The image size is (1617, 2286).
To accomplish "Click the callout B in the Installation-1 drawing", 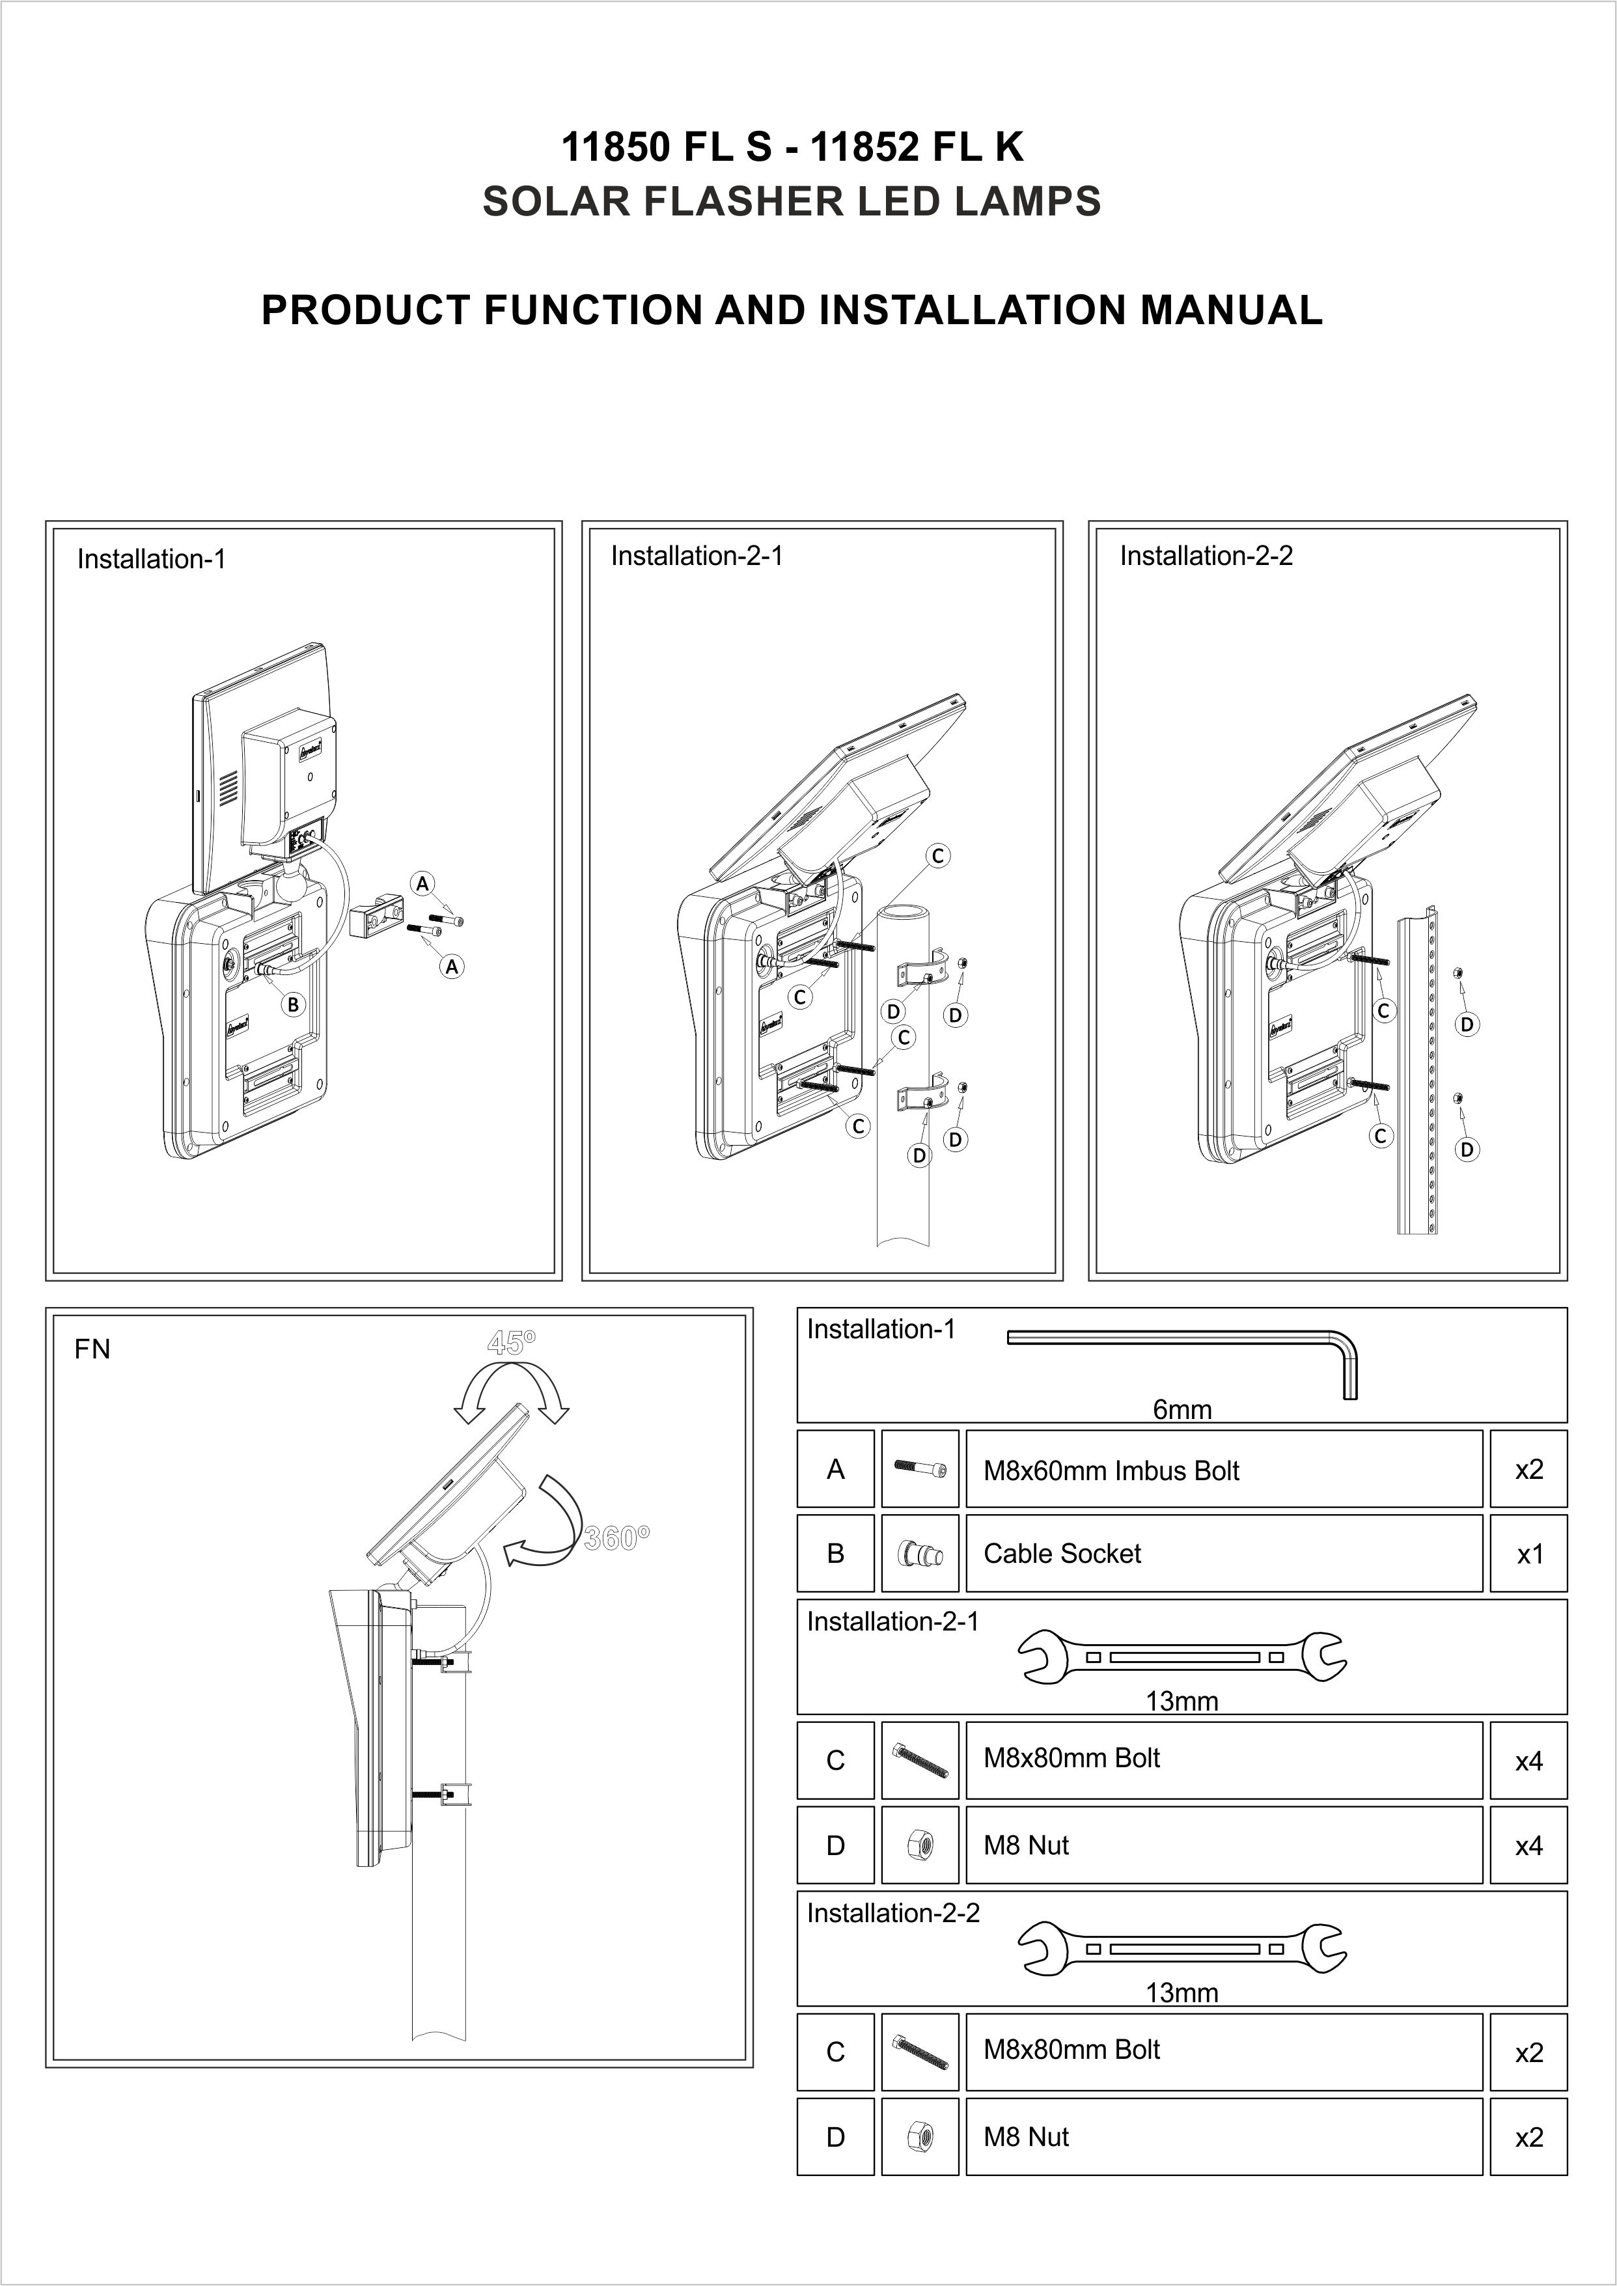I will (x=293, y=1004).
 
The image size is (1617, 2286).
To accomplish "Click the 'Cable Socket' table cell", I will (x=1223, y=1553).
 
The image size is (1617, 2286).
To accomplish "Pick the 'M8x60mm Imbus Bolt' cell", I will (x=1223, y=1470).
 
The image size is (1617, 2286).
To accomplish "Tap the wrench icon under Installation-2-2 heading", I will (x=1182, y=1948).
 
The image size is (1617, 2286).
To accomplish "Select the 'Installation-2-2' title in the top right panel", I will (x=1206, y=556).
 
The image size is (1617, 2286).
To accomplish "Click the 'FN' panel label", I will (x=92, y=1349).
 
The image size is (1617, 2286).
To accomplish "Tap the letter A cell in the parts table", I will (x=835, y=1470).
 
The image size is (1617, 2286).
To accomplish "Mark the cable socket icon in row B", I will (x=920, y=1553).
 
